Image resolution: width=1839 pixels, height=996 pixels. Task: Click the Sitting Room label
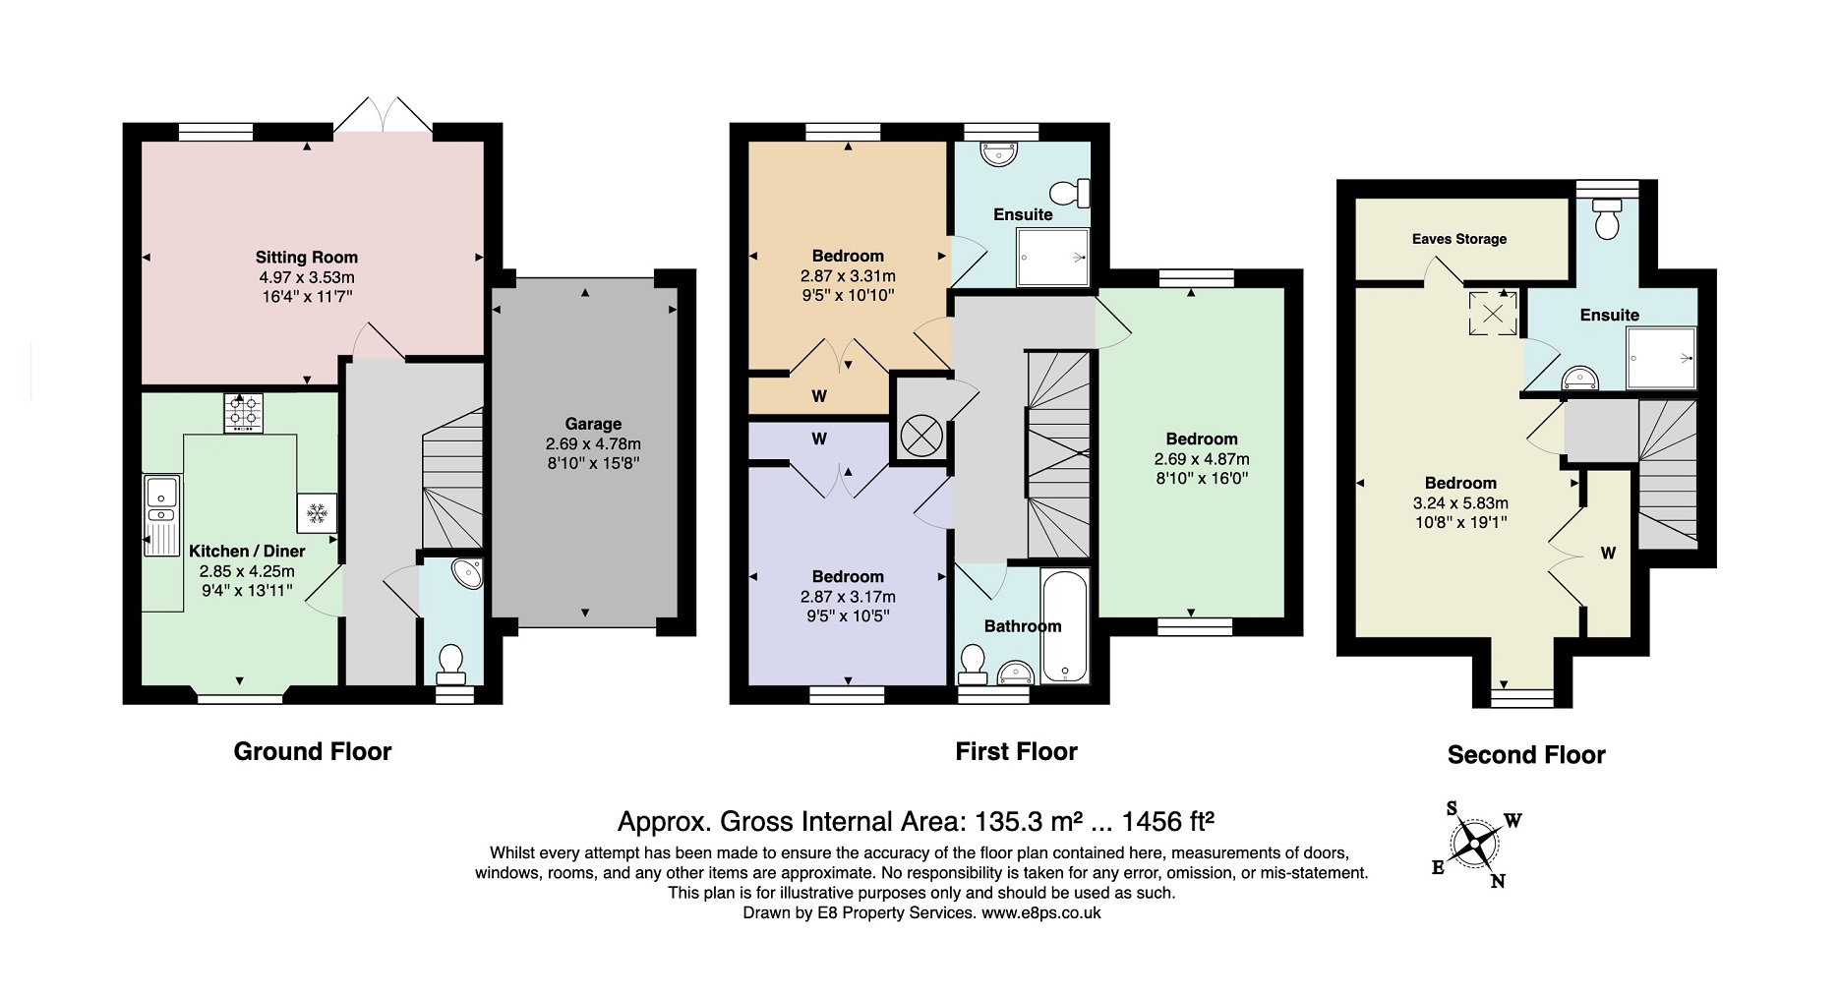coord(307,258)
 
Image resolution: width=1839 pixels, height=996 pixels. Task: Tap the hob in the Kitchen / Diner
coord(244,413)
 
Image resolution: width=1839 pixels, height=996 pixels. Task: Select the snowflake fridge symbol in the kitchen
coord(317,512)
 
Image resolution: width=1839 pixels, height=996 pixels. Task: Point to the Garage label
coord(593,424)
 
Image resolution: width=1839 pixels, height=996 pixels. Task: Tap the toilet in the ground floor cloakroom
coord(451,664)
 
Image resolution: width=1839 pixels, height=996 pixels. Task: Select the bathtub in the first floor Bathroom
coord(1065,625)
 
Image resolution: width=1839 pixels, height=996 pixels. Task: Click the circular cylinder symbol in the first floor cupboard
coord(921,436)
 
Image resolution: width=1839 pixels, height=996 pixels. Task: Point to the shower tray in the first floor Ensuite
coord(1053,259)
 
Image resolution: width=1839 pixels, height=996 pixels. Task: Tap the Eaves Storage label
coord(1459,239)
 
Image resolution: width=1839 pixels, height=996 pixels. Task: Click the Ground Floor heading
coord(313,752)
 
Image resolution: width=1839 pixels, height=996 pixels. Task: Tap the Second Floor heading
coord(1526,755)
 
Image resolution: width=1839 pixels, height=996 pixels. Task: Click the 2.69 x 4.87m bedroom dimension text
coord(1202,459)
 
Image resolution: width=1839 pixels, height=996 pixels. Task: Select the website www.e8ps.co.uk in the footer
coord(1040,913)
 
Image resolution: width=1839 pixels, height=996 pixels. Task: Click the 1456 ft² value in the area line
coord(1168,820)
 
